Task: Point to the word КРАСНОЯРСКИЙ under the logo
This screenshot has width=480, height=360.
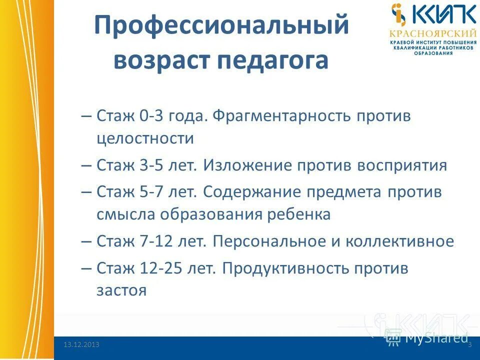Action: (433, 33)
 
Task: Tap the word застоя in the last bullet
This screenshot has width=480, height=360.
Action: (121, 290)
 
